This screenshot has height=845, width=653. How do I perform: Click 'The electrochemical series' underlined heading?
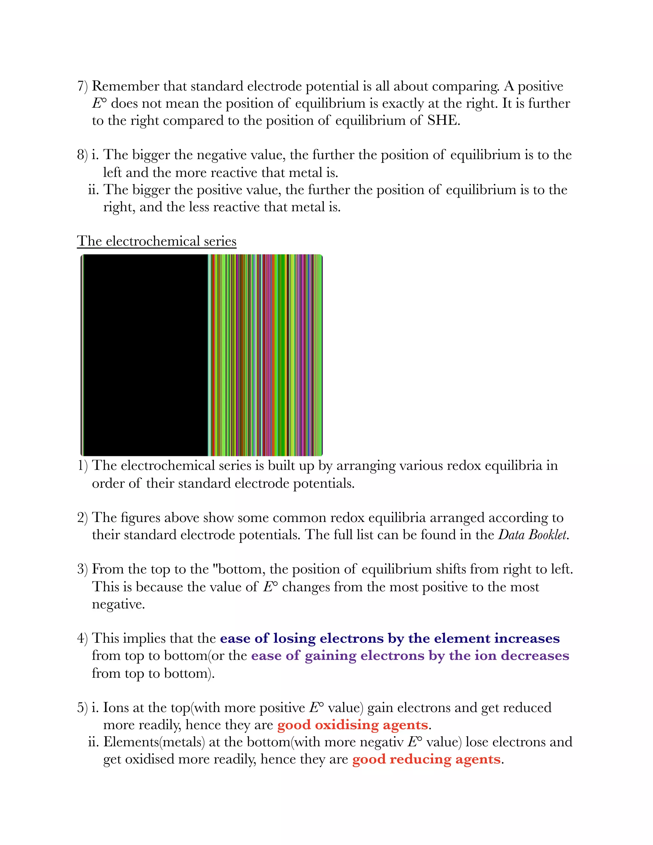click(156, 241)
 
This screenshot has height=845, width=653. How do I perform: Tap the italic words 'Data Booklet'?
click(533, 535)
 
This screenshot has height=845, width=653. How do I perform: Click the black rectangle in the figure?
click(145, 355)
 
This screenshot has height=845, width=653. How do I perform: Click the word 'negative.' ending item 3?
click(118, 604)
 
